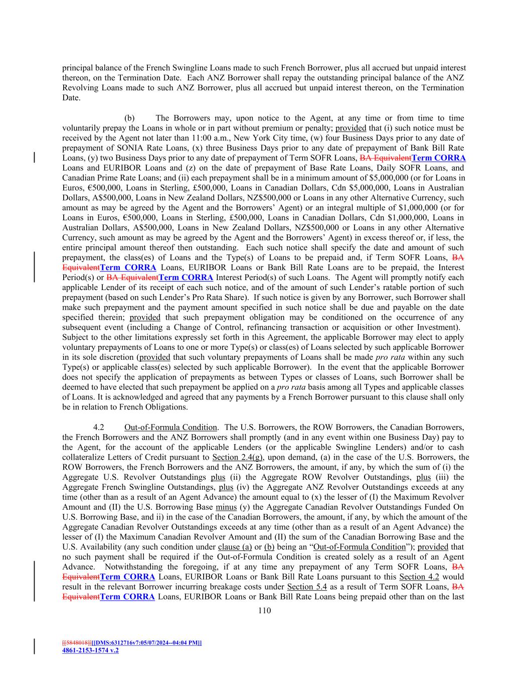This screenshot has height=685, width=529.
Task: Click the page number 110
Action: coord(264,610)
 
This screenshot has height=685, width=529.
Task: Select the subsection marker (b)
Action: coord(129,118)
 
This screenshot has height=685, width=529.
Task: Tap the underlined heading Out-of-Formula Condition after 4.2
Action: coord(170,427)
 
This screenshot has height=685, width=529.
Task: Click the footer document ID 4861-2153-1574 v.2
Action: coord(90,650)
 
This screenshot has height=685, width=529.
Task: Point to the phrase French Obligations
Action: coord(131,407)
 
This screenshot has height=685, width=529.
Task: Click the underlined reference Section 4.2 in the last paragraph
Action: coord(419,577)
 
